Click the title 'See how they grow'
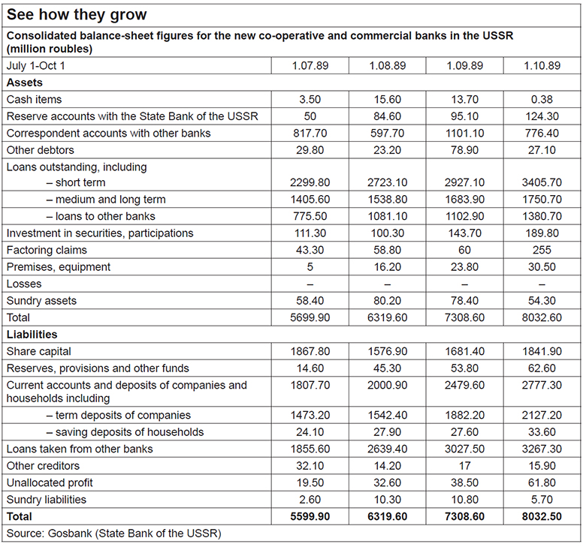pyautogui.click(x=77, y=15)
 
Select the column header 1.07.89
pyautogui.click(x=310, y=66)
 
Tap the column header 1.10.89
pyautogui.click(x=542, y=66)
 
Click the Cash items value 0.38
pyautogui.click(x=542, y=99)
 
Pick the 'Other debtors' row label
pyautogui.click(x=38, y=149)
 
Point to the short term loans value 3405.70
pyautogui.click(x=542, y=182)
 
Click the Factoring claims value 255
pyautogui.click(x=542, y=250)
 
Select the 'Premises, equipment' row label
pyautogui.click(x=58, y=266)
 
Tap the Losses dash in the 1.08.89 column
pyautogui.click(x=387, y=284)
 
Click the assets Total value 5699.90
pyautogui.click(x=310, y=317)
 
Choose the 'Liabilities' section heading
pyautogui.click(x=32, y=334)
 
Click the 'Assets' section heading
pyautogui.click(x=24, y=83)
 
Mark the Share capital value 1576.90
pyautogui.click(x=387, y=351)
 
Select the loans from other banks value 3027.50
pyautogui.click(x=464, y=449)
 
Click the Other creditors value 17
pyautogui.click(x=464, y=465)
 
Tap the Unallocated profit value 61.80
pyautogui.click(x=542, y=482)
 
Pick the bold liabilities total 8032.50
pyautogui.click(x=542, y=516)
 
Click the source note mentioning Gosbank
pyautogui.click(x=113, y=533)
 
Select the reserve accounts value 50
pyautogui.click(x=310, y=116)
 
